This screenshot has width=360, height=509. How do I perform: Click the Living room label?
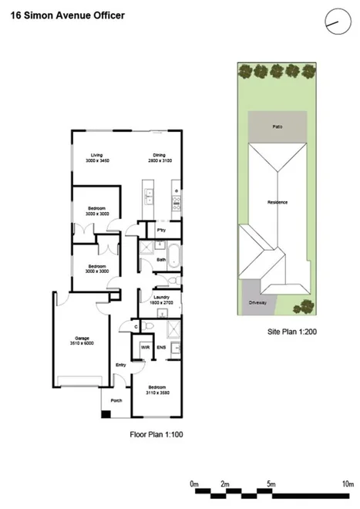click(x=96, y=154)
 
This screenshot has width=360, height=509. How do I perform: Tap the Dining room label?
click(x=160, y=154)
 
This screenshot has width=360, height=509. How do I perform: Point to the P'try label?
click(x=162, y=230)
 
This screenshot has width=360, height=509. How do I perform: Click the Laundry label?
click(x=161, y=297)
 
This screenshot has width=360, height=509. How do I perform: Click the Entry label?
click(x=120, y=365)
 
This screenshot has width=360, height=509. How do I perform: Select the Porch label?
click(x=117, y=399)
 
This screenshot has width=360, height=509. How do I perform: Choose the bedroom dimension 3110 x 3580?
click(x=157, y=393)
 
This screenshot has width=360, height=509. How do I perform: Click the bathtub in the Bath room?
click(x=173, y=255)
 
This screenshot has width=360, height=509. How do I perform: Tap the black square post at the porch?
click(x=106, y=414)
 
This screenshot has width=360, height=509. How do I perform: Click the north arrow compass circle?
click(x=333, y=22)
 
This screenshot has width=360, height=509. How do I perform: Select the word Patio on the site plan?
click(x=277, y=126)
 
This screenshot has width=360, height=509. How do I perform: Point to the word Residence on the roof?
click(x=277, y=202)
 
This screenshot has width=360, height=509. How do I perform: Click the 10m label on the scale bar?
click(x=346, y=484)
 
